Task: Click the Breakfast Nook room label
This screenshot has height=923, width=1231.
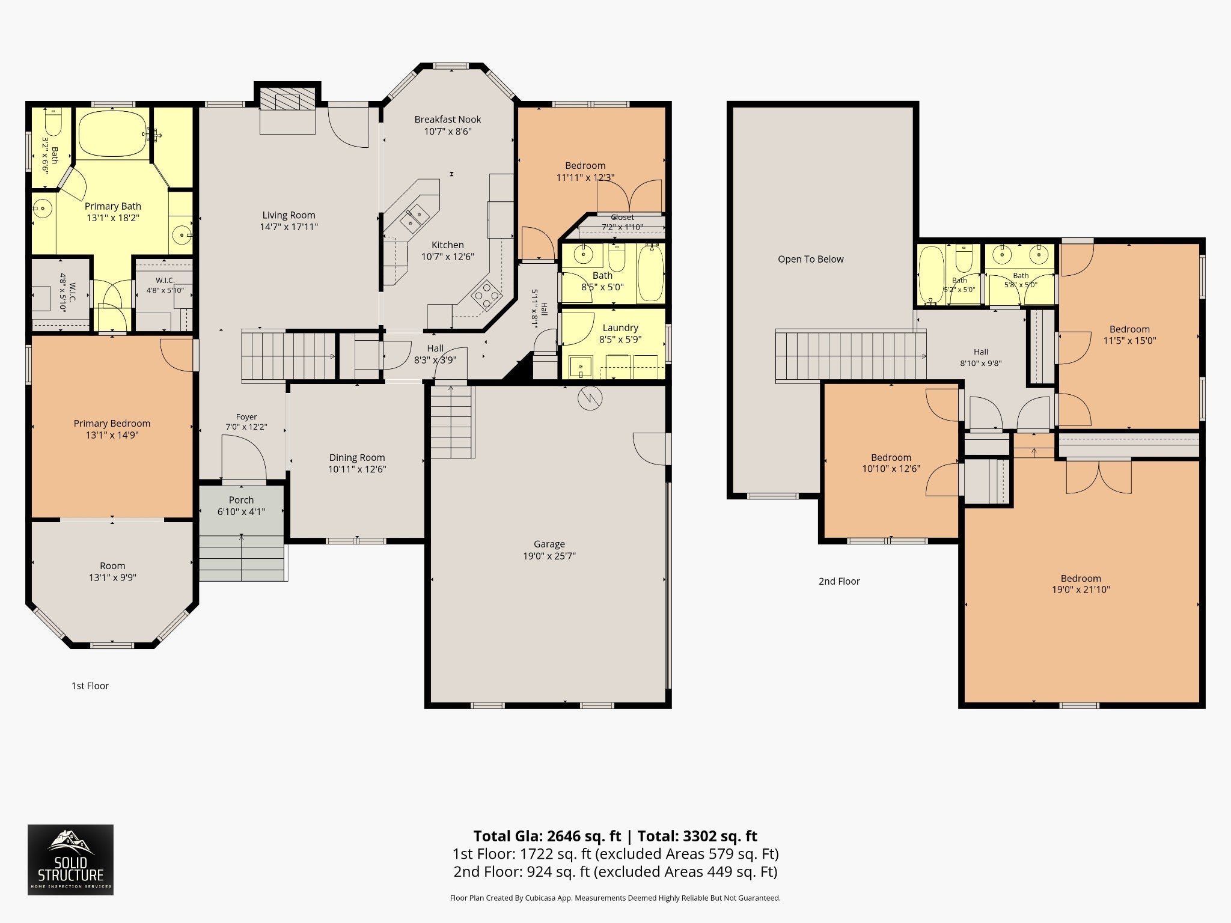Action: (x=448, y=120)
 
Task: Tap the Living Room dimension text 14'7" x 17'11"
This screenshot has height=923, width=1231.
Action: (x=289, y=227)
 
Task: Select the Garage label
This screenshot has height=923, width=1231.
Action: (x=549, y=544)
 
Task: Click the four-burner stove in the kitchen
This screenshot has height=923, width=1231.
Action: (x=486, y=295)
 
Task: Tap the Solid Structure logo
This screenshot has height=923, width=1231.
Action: (x=70, y=860)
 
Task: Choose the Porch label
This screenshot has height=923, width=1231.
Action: (x=242, y=500)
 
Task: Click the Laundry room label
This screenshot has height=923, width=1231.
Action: (x=620, y=327)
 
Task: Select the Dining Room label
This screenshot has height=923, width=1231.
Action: (x=357, y=457)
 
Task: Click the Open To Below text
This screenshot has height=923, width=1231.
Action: (x=811, y=259)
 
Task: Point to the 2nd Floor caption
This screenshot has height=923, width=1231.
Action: (x=839, y=581)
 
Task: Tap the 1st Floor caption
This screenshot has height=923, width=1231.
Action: (x=90, y=686)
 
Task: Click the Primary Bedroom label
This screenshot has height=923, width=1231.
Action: (x=112, y=424)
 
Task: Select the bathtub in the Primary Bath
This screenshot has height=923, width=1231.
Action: (x=113, y=133)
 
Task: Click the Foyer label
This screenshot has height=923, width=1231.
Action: (x=246, y=417)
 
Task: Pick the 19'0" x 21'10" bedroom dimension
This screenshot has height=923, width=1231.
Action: (x=1081, y=589)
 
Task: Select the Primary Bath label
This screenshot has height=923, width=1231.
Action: (x=113, y=206)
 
